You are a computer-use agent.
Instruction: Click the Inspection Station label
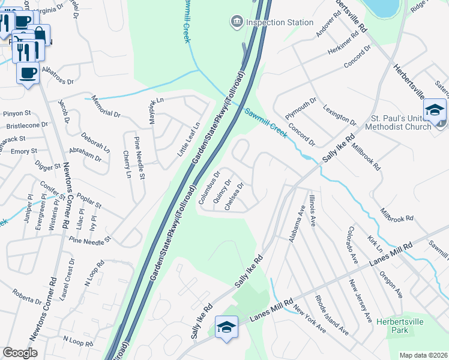(x=280, y=23)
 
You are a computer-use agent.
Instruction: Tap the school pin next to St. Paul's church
(x=435, y=110)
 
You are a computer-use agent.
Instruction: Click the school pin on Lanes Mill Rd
(x=226, y=327)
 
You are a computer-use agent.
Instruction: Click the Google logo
(x=20, y=353)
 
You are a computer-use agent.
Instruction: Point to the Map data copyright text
(x=423, y=355)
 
